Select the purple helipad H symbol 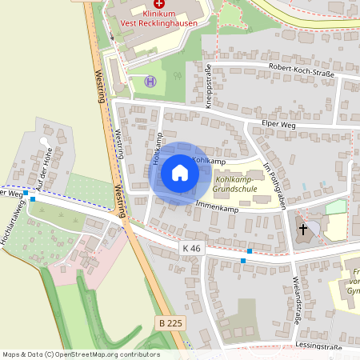[x=150, y=81]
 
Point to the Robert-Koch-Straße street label [x=300, y=70]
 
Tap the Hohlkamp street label [x=156, y=147]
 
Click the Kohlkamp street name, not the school [x=210, y=161]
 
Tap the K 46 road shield [x=191, y=249]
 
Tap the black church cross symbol [x=303, y=230]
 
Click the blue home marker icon [x=179, y=173]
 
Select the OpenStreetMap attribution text [x=81, y=354]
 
